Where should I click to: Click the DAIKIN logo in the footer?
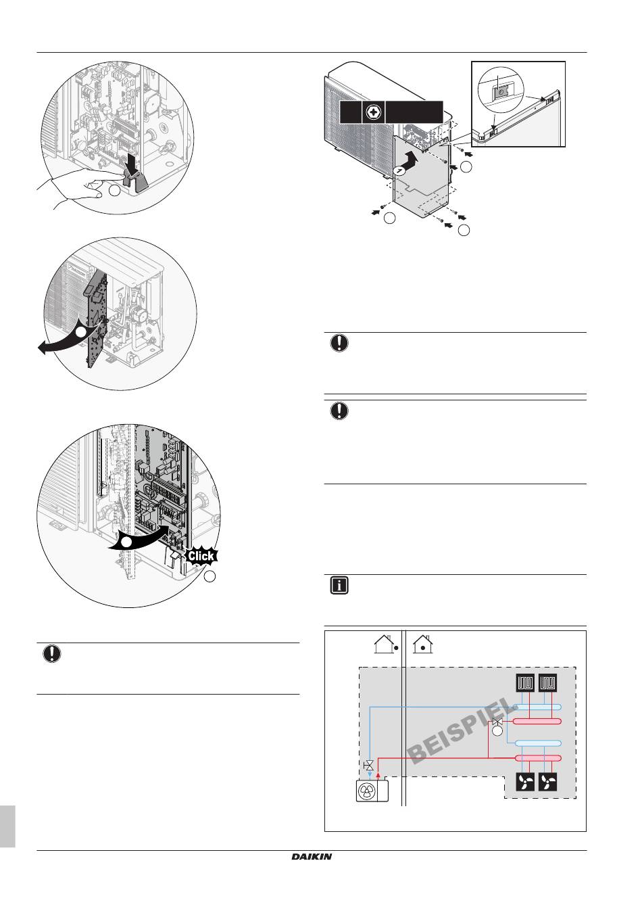coord(312,856)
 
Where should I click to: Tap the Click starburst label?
coord(201,556)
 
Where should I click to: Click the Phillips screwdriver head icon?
coord(370,112)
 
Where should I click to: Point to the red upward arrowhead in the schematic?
coord(378,776)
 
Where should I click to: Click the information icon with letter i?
coord(339,586)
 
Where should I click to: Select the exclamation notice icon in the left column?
coord(51,654)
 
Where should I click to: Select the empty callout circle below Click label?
coord(210,576)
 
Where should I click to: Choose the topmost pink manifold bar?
coord(537,722)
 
